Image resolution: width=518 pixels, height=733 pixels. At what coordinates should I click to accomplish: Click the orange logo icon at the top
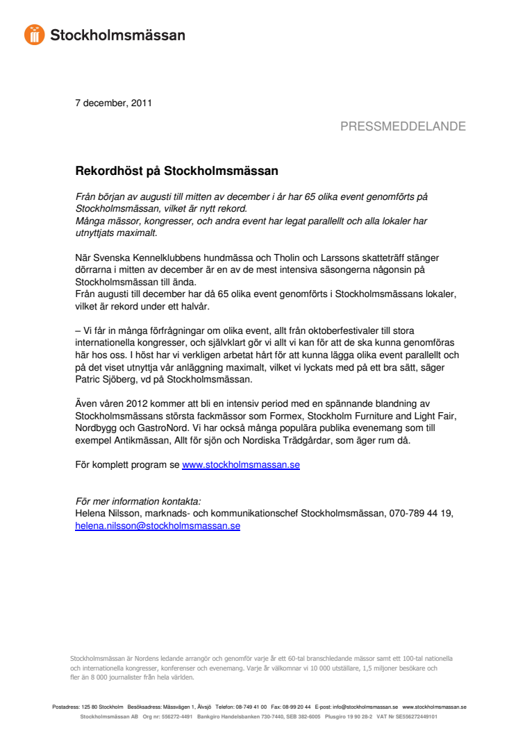click(34, 34)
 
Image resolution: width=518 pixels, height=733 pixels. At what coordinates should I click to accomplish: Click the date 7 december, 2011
click(113, 103)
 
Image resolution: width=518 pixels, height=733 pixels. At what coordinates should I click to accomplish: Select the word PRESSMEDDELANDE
click(403, 126)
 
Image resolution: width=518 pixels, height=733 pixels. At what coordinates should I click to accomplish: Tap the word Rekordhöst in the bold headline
click(105, 170)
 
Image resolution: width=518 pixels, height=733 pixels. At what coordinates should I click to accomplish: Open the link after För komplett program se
click(241, 464)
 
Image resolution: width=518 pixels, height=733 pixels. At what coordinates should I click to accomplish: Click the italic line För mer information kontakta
click(137, 501)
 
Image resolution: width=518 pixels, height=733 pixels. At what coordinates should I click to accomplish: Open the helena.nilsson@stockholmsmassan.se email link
click(158, 525)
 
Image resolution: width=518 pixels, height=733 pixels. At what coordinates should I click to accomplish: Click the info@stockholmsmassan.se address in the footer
click(365, 707)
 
